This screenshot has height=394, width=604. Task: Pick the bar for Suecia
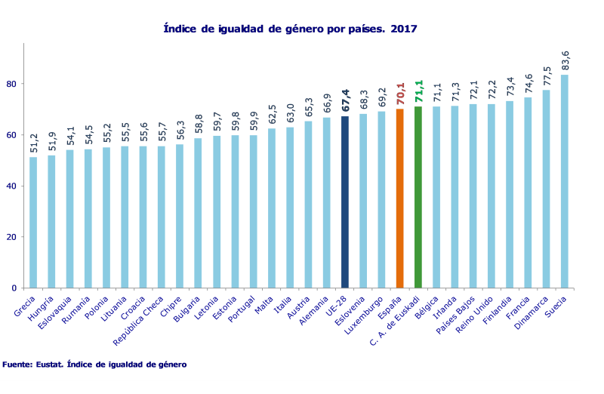coord(564,181)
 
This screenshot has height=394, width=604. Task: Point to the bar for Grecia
coord(33,222)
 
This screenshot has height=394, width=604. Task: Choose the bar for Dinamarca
coord(546,189)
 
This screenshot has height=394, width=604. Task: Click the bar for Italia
coord(290,208)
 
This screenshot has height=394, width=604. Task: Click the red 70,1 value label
coord(400,95)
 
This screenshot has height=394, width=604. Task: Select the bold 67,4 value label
coord(345,102)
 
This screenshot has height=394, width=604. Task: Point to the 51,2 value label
coord(33,143)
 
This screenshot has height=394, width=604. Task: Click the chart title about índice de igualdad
coord(291,29)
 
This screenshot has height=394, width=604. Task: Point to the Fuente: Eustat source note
coord(94,365)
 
